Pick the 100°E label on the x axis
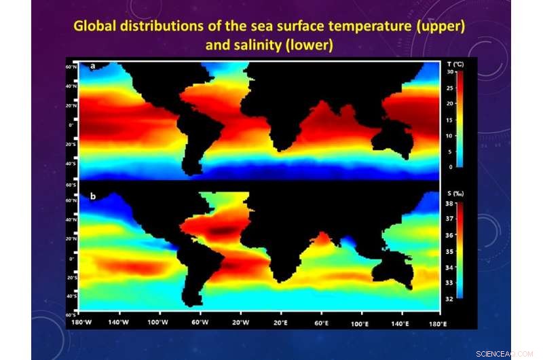(360, 323)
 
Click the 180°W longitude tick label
(81, 323)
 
